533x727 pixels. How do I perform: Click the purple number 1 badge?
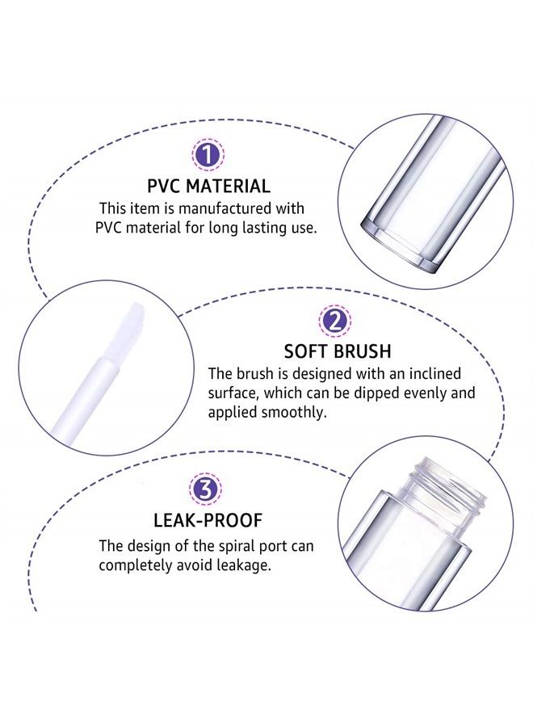[208, 155]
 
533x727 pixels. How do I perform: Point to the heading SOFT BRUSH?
[338, 351]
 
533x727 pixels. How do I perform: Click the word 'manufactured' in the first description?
[229, 209]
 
